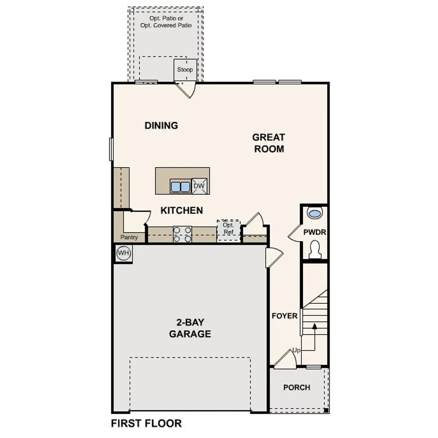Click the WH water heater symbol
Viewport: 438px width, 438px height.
click(123, 253)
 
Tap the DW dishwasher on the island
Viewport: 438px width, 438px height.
click(199, 186)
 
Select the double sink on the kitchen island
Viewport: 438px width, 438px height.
click(180, 187)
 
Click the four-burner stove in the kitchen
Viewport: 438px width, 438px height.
click(182, 235)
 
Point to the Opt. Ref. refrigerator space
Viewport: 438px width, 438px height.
click(228, 229)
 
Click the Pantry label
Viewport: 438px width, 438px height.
click(129, 237)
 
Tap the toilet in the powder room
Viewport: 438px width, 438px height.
click(314, 249)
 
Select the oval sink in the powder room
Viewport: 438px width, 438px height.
click(314, 213)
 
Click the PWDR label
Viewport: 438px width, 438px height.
click(314, 232)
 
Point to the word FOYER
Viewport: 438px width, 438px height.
click(284, 316)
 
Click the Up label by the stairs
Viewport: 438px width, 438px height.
click(296, 350)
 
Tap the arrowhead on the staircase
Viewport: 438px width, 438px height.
click(314, 326)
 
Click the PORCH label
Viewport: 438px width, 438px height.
click(297, 387)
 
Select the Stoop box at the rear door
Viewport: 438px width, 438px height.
click(185, 69)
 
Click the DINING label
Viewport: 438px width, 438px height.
click(161, 126)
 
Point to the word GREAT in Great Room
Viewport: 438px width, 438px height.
click(269, 137)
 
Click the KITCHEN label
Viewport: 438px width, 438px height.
click(182, 210)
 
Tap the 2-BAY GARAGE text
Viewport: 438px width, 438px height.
click(190, 328)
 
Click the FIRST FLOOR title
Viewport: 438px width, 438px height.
click(146, 423)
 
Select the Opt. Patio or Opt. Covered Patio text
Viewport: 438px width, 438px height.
click(166, 22)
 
